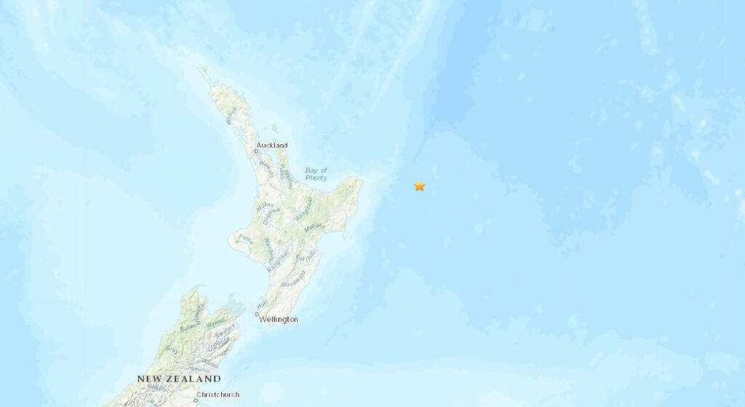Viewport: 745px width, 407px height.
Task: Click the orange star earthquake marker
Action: click(x=420, y=186)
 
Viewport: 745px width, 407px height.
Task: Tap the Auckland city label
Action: click(x=273, y=146)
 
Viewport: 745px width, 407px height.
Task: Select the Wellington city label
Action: click(x=279, y=319)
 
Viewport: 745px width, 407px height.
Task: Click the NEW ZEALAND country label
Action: click(x=179, y=379)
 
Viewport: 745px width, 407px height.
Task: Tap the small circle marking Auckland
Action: click(x=257, y=151)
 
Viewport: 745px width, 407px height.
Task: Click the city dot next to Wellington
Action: click(x=257, y=315)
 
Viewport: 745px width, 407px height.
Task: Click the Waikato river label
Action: click(x=266, y=169)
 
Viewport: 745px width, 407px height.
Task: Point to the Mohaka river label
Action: click(x=314, y=228)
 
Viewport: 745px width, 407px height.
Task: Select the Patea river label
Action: click(x=245, y=238)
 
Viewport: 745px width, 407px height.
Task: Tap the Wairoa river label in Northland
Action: click(x=232, y=116)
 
